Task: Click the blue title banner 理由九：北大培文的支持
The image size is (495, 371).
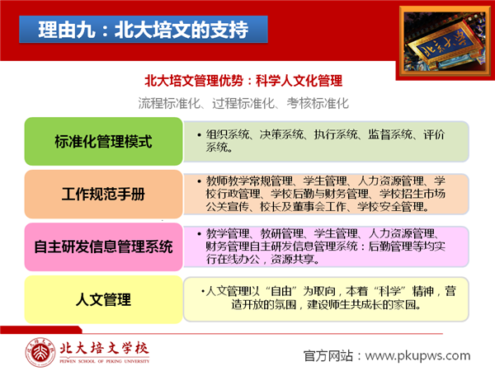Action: pyautogui.click(x=144, y=30)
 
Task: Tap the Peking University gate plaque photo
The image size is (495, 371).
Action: pyautogui.click(x=445, y=42)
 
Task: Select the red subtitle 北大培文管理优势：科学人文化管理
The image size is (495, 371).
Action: pyautogui.click(x=243, y=81)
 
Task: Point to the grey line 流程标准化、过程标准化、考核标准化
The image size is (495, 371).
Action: pyautogui.click(x=243, y=103)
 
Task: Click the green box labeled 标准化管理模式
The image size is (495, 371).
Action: pyautogui.click(x=104, y=141)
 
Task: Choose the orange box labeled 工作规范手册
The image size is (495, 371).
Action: pyautogui.click(x=104, y=194)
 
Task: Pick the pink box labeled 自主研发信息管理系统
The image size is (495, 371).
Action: pyautogui.click(x=104, y=247)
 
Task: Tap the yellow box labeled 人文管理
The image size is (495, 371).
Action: pyautogui.click(x=104, y=299)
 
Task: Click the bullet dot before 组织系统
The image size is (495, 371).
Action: pyautogui.click(x=199, y=135)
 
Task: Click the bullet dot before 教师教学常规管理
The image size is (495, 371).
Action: pyautogui.click(x=199, y=181)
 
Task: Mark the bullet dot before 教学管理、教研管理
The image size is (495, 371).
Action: pyautogui.click(x=199, y=234)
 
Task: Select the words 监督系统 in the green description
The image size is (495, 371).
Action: pyautogui.click(x=390, y=134)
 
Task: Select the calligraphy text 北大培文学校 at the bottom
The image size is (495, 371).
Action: pyautogui.click(x=104, y=349)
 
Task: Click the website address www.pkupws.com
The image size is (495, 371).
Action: pyautogui.click(x=417, y=355)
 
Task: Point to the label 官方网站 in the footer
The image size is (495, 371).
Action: pyautogui.click(x=328, y=356)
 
